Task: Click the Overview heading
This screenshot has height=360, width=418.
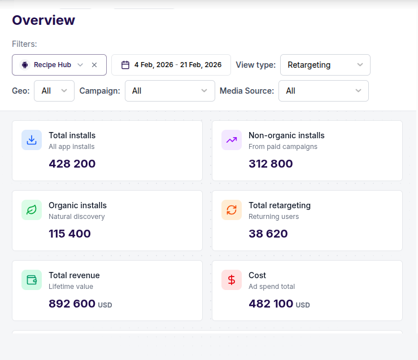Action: [x=43, y=20]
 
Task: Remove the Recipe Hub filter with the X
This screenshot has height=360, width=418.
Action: [x=94, y=65]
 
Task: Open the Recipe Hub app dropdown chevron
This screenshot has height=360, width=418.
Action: [x=80, y=65]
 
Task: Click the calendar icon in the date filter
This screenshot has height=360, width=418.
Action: [x=125, y=65]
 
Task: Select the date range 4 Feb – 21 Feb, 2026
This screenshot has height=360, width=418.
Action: [x=178, y=65]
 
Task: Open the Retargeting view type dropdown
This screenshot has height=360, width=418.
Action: [x=325, y=65]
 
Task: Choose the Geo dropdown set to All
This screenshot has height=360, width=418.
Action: [x=54, y=91]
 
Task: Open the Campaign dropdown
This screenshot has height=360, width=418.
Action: [x=169, y=91]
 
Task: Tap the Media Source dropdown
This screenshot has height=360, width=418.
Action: [x=323, y=91]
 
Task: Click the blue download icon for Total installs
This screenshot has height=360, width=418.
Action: [x=32, y=140]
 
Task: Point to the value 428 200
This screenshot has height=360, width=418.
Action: [x=72, y=164]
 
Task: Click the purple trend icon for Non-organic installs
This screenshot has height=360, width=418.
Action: [x=232, y=140]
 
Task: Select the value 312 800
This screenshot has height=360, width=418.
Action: [x=271, y=164]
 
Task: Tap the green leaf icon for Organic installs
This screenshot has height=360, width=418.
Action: [x=32, y=210]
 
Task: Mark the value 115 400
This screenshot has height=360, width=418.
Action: [x=69, y=234]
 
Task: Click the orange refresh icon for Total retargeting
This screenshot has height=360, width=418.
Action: [x=232, y=210]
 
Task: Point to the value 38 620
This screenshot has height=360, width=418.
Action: [x=268, y=234]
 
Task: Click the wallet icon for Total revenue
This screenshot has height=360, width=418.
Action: [x=32, y=280]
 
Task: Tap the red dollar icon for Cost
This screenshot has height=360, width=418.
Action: [x=232, y=280]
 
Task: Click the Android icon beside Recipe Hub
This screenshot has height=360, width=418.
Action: [x=24, y=65]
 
